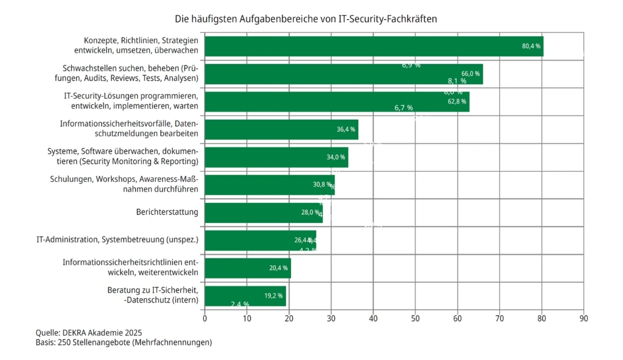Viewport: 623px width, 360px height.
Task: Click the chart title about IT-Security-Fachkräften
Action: (306, 19)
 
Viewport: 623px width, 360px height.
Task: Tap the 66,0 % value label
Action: (470, 73)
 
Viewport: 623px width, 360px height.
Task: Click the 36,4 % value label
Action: (346, 129)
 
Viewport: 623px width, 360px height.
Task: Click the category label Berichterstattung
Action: (167, 212)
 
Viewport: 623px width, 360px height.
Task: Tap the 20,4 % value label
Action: (278, 268)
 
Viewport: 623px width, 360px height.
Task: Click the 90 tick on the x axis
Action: (584, 319)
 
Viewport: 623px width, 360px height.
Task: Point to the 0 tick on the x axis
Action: (204, 319)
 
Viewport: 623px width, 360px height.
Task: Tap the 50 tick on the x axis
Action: (415, 319)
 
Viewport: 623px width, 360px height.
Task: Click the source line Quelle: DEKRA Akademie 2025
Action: (89, 333)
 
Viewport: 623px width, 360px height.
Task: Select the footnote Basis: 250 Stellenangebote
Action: (124, 342)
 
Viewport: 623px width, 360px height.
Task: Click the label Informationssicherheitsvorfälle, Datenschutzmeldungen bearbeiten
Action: (129, 129)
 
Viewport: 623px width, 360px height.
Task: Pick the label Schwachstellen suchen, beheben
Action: (130, 73)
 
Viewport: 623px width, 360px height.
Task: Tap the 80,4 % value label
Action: (531, 46)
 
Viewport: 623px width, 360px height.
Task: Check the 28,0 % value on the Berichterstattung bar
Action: (310, 213)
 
